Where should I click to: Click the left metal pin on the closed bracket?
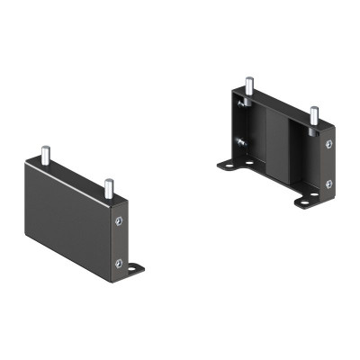(42, 156)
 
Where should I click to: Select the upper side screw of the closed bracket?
(118, 221)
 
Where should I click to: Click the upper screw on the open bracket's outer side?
(328, 144)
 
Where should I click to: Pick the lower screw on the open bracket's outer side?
(328, 183)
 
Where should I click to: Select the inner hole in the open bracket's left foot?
(248, 163)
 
